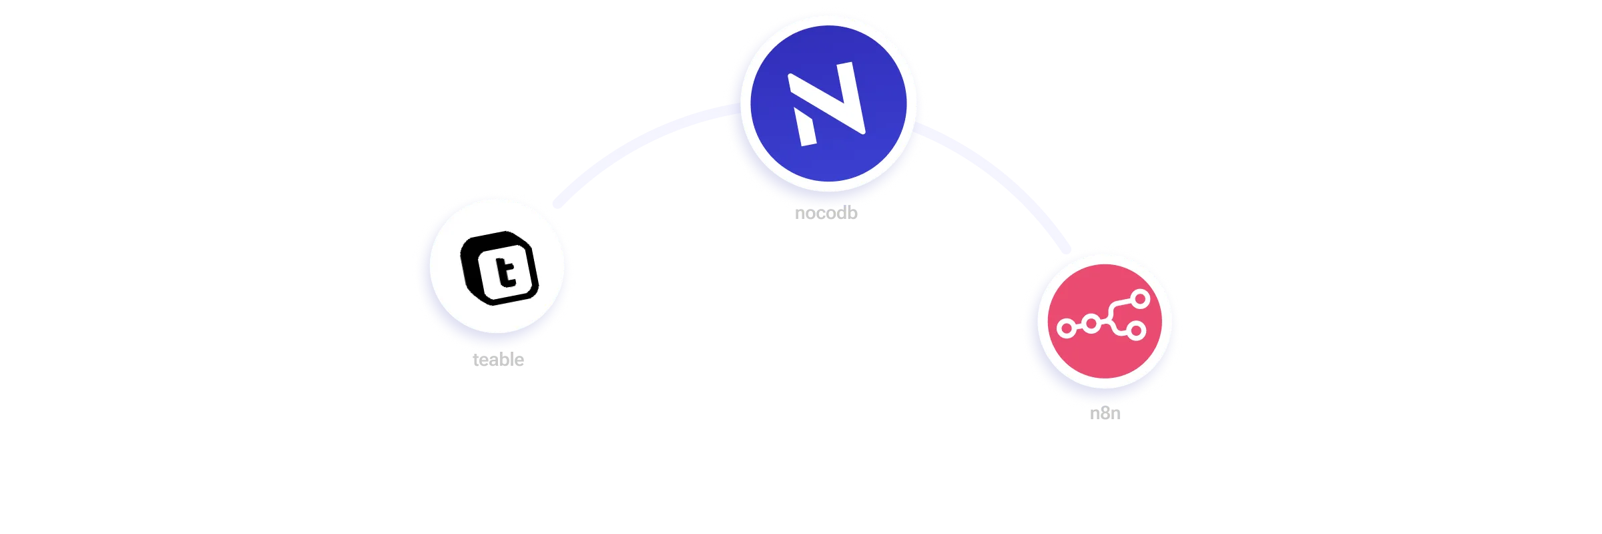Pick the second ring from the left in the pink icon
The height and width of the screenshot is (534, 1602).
tap(1091, 325)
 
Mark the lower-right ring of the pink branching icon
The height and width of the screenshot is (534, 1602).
tap(1137, 330)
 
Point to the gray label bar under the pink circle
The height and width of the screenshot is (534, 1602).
tap(1105, 415)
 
